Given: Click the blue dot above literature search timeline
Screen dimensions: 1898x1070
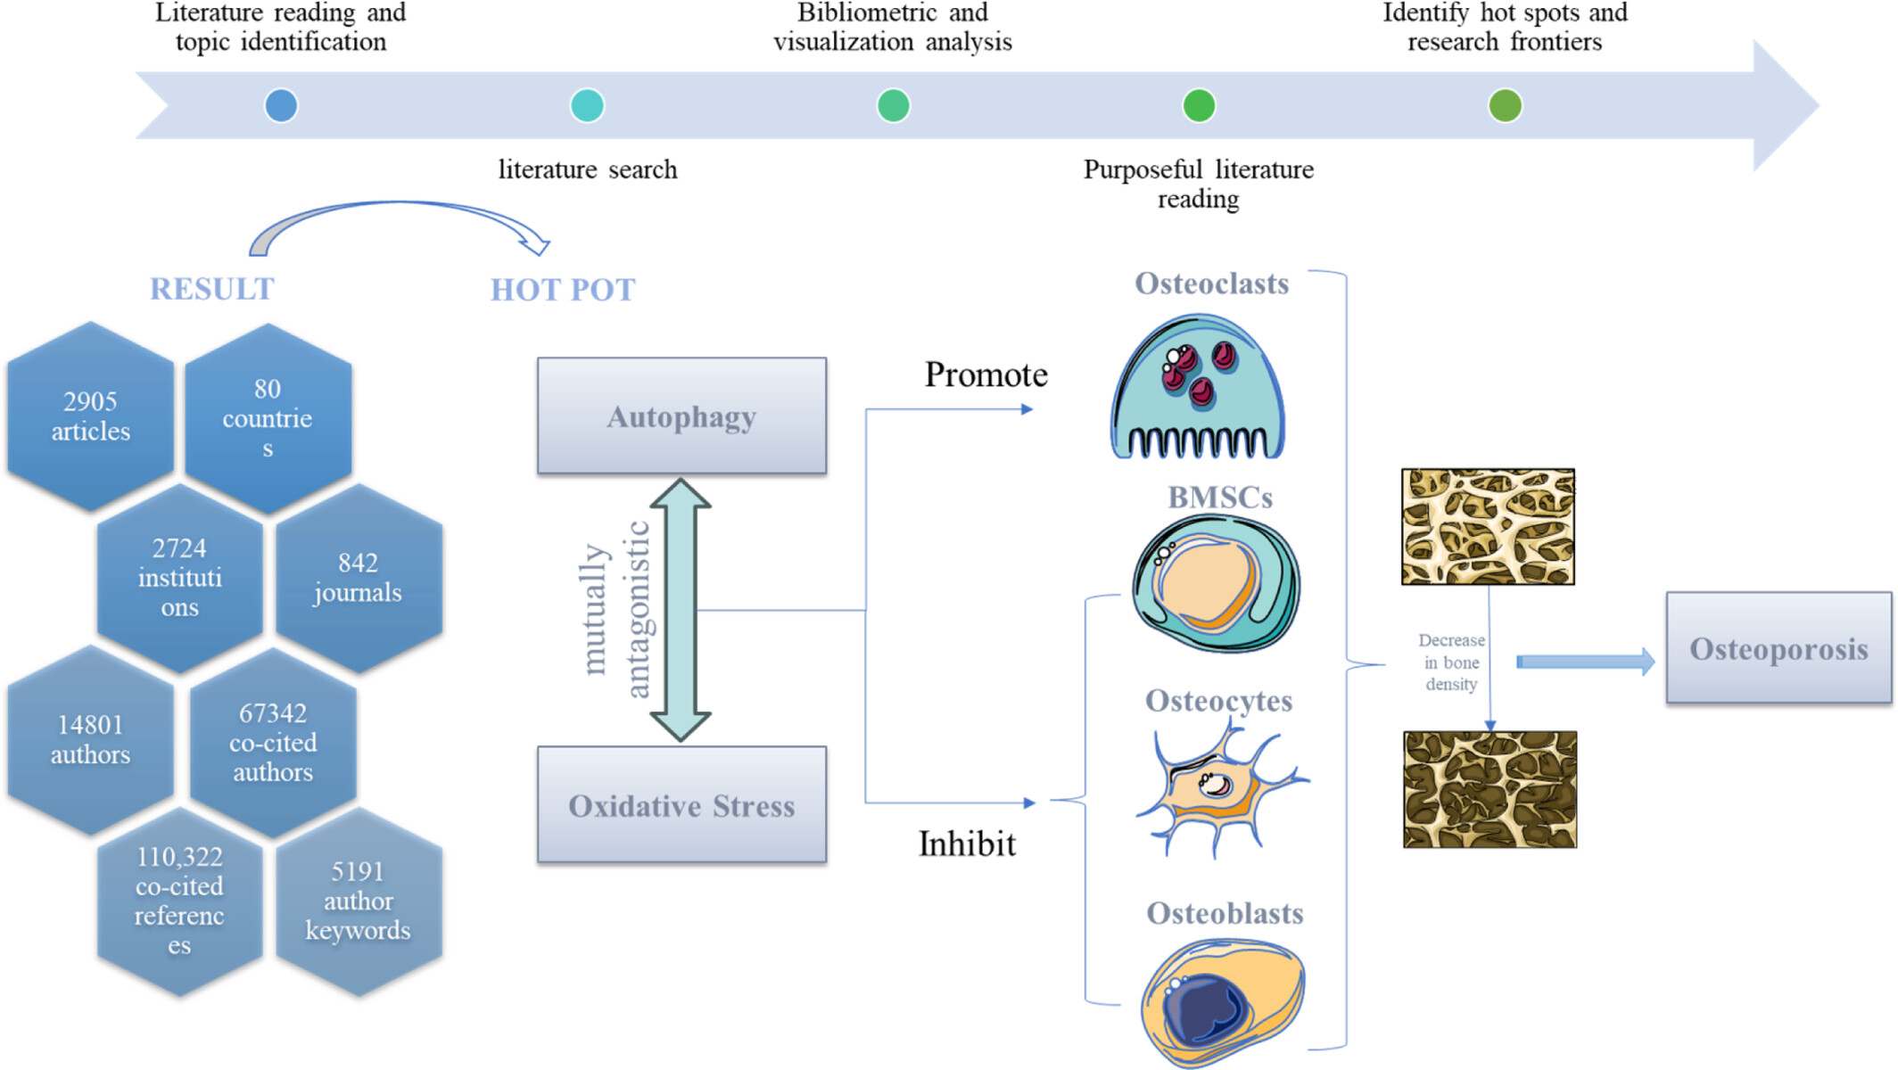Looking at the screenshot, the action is (587, 105).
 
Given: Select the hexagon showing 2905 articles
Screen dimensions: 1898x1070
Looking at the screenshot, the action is (90, 416).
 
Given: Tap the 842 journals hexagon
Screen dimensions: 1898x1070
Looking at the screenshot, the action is (359, 578).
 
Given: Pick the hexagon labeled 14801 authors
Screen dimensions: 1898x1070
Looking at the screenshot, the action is (90, 740).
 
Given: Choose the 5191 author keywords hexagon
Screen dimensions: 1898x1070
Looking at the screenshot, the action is (359, 901).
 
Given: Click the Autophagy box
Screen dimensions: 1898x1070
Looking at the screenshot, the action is (681, 416).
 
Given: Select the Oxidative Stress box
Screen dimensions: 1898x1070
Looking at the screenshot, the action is (681, 804).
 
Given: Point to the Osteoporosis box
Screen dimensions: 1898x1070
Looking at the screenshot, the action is (1778, 648).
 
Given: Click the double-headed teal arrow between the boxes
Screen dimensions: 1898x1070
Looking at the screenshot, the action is (681, 610).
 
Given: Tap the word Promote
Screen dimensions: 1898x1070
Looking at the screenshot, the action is (986, 374).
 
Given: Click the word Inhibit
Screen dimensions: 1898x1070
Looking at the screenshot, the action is (967, 844).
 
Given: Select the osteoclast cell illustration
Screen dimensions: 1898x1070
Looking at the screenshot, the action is (1198, 386).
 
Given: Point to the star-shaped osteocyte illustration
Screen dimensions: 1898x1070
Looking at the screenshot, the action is (1220, 788).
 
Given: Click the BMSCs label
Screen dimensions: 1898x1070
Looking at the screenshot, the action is (1220, 497).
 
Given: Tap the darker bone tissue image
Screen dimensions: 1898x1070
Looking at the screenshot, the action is (1490, 789).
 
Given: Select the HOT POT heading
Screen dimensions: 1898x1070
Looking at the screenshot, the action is (563, 290).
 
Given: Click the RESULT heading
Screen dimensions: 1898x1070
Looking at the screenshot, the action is (212, 289).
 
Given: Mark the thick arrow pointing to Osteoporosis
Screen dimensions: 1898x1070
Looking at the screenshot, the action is (1586, 662).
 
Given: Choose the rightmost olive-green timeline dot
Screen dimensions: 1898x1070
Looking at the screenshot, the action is (1505, 105).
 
